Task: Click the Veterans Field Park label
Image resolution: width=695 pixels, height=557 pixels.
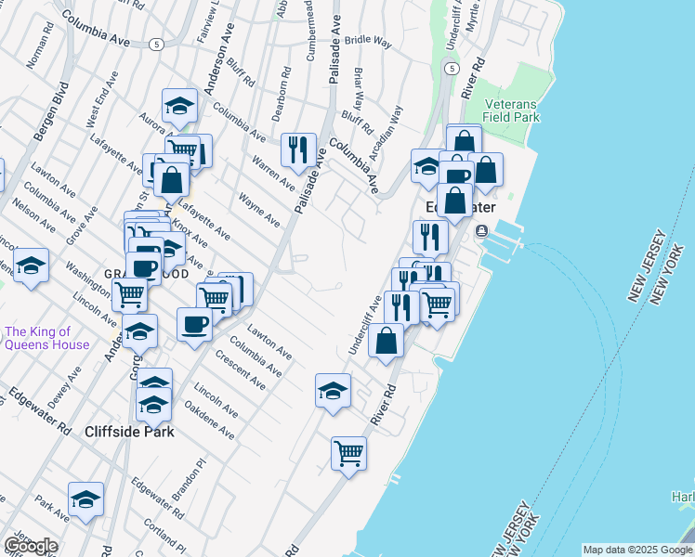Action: tap(512, 111)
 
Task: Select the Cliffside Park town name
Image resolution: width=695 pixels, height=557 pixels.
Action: tap(129, 432)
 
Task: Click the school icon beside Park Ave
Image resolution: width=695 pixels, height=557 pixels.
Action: tap(85, 499)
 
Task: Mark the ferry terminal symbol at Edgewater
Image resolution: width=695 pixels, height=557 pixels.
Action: tap(481, 230)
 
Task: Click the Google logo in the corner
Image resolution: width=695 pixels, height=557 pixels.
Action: tap(31, 546)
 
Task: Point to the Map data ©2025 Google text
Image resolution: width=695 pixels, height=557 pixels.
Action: tap(637, 550)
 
